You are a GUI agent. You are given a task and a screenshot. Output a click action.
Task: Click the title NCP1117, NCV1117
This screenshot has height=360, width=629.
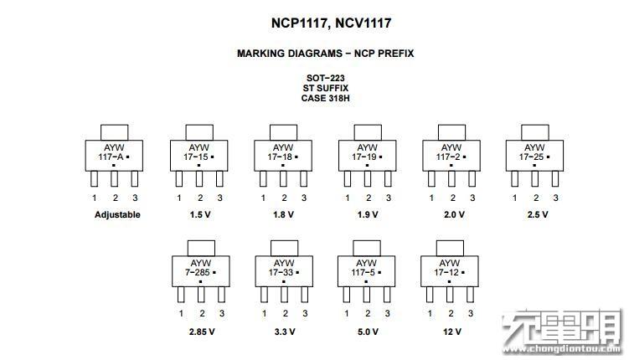click(x=331, y=23)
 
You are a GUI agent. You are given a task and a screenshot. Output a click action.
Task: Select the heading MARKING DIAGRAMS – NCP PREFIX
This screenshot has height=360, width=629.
click(x=325, y=54)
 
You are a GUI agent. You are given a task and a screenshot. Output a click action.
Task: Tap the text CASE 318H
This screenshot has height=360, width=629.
click(x=325, y=98)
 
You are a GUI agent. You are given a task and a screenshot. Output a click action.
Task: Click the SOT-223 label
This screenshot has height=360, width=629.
click(x=325, y=78)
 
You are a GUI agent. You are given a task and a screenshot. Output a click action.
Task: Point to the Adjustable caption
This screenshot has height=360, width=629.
click(x=117, y=214)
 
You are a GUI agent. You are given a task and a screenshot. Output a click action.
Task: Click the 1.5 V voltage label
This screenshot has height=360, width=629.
click(x=200, y=214)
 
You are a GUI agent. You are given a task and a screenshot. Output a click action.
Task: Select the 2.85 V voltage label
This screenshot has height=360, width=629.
click(x=202, y=332)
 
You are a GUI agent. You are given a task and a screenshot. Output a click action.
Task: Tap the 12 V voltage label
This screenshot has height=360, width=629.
click(x=452, y=332)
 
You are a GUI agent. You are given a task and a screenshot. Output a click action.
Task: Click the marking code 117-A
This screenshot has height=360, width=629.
click(x=111, y=157)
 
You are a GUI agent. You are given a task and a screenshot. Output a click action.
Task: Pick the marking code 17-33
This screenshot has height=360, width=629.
click(x=281, y=273)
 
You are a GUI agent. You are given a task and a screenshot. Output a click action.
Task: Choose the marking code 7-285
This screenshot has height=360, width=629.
click(x=198, y=273)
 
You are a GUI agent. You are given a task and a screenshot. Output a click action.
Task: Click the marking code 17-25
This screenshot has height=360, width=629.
click(x=532, y=157)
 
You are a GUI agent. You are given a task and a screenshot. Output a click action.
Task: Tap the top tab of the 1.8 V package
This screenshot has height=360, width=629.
click(x=283, y=132)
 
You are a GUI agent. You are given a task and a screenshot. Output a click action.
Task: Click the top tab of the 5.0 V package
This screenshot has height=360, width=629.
click(x=367, y=248)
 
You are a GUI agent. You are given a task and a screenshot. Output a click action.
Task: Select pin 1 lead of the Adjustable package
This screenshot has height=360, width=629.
click(x=95, y=179)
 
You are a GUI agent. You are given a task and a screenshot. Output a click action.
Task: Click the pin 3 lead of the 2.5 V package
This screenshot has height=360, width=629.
click(x=555, y=179)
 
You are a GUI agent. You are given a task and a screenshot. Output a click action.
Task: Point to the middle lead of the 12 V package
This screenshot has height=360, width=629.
click(x=450, y=295)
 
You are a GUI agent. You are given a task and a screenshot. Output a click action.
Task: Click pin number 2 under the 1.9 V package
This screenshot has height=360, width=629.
click(x=369, y=198)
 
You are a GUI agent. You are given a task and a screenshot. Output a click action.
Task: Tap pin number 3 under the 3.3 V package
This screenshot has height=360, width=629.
click(x=305, y=313)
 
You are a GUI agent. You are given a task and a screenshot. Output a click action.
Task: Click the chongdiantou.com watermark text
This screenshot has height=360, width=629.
click(x=562, y=349)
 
